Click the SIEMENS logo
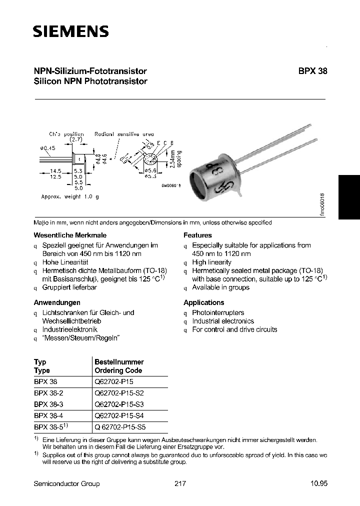pos(70,32)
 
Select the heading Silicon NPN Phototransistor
pos(90,81)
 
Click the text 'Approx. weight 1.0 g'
pos(70,196)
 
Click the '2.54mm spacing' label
pos(176,159)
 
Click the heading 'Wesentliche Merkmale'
pos(70,235)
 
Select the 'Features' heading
pos(197,235)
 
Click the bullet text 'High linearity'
pos(211,262)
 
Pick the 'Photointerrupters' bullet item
pos(218,312)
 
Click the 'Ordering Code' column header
pos(118,370)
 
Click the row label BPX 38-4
pos(49,415)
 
